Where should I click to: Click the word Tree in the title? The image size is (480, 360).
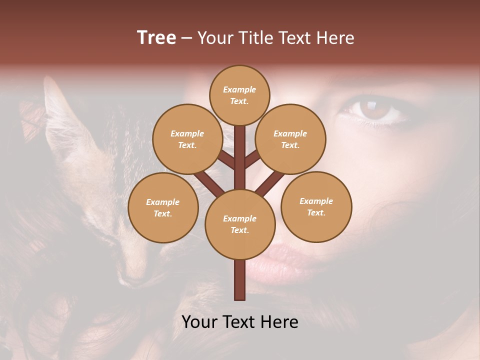[156, 38]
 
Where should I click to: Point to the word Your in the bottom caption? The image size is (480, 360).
[200, 322]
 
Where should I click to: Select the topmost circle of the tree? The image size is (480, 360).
[239, 95]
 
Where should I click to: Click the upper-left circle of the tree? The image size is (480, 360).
[187, 139]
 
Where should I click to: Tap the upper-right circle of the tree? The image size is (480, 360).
[290, 139]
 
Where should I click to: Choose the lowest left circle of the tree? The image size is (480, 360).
[163, 207]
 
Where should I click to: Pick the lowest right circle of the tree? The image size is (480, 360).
[316, 206]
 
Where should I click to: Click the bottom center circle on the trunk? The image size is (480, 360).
[240, 224]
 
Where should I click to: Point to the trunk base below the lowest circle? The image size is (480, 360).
[240, 280]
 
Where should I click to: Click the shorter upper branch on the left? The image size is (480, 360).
[226, 160]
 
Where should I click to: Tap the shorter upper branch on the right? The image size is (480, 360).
[252, 158]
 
